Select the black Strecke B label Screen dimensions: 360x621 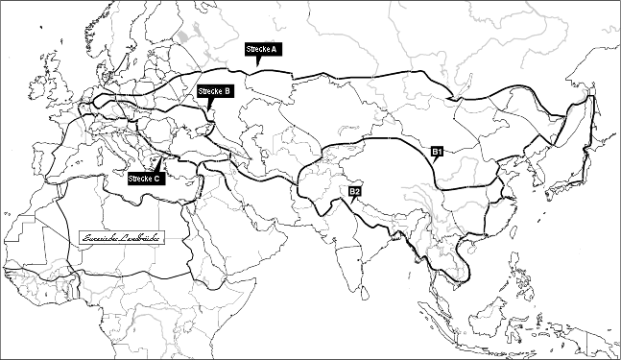pyautogui.click(x=214, y=91)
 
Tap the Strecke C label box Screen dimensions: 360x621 pyautogui.click(x=147, y=179)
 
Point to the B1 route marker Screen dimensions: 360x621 pyautogui.click(x=436, y=152)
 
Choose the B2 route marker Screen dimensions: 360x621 pyautogui.click(x=354, y=192)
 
